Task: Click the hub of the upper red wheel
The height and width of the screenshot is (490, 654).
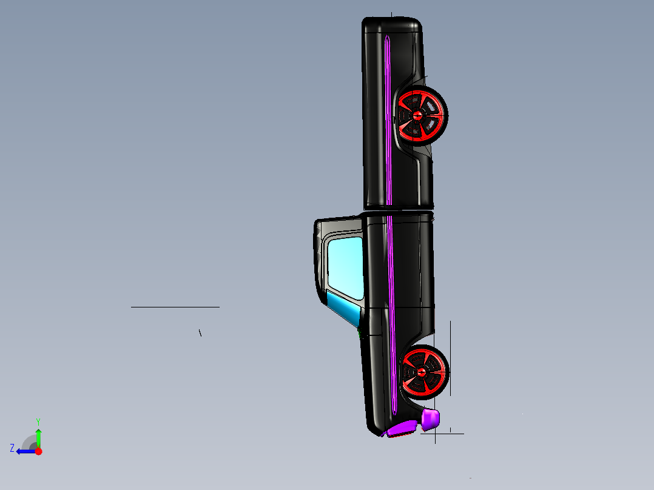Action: [x=419, y=114]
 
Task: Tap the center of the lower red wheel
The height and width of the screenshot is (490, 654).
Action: [x=421, y=372]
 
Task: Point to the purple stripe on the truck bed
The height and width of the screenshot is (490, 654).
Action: [x=386, y=121]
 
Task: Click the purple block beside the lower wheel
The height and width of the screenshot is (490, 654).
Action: [x=430, y=418]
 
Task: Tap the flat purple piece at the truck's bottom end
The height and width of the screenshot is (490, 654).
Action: [x=402, y=429]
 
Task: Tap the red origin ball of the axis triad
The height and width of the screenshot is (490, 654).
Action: [x=38, y=451]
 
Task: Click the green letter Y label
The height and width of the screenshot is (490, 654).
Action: [x=38, y=421]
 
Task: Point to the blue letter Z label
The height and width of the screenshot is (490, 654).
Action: [x=12, y=448]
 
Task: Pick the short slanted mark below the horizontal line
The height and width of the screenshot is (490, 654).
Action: [x=200, y=332]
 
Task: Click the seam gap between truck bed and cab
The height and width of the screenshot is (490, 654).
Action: [x=398, y=210]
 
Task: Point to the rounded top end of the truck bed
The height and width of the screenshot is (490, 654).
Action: [x=392, y=24]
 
